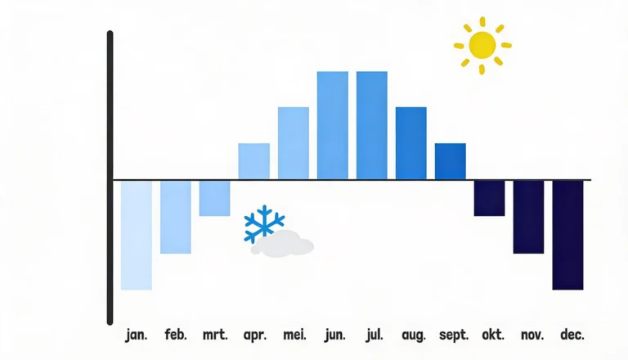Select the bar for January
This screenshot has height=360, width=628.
tap(137, 236)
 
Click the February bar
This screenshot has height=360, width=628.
tap(176, 218)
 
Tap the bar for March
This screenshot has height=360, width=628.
tap(215, 199)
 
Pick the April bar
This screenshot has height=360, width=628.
tap(254, 161)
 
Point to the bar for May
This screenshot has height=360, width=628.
tap(294, 143)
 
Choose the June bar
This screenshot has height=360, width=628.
tap(333, 125)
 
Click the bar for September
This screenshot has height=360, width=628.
tap(451, 161)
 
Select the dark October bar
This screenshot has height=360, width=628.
tap(490, 199)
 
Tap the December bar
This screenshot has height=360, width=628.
tap(568, 236)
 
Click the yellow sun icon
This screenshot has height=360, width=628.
tap(482, 45)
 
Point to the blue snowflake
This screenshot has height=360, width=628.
tap(264, 223)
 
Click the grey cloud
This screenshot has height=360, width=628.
tap(282, 244)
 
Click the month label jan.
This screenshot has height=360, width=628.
tap(137, 335)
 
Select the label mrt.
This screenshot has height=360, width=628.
tap(215, 335)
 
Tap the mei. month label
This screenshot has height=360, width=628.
tap(294, 335)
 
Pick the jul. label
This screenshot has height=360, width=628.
tap(374, 335)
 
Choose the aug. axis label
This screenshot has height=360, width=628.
tap(413, 335)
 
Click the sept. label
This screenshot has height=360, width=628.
tap(454, 335)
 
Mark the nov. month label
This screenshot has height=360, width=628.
tap(532, 335)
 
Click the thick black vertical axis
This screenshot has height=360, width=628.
tap(110, 178)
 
